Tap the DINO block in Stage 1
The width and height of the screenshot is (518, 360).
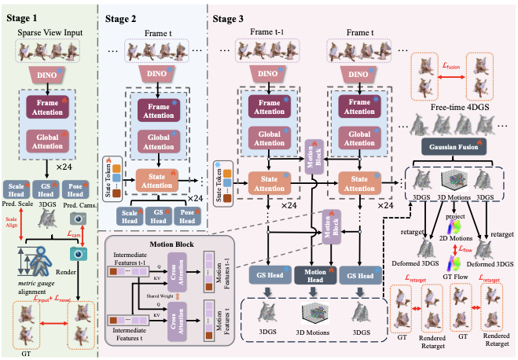click(x=50, y=74)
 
